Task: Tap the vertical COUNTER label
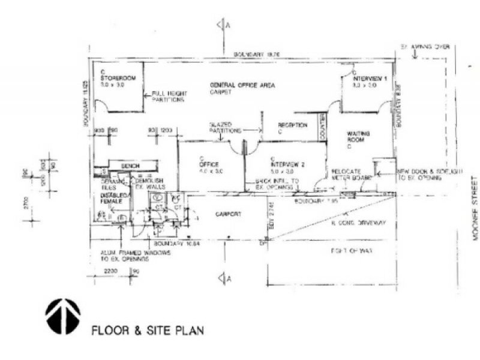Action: point(322,128)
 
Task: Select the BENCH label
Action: point(130,166)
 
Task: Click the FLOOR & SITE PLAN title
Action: point(147,329)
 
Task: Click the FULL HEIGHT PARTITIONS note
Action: point(167,97)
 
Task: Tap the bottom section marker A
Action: point(225,277)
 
